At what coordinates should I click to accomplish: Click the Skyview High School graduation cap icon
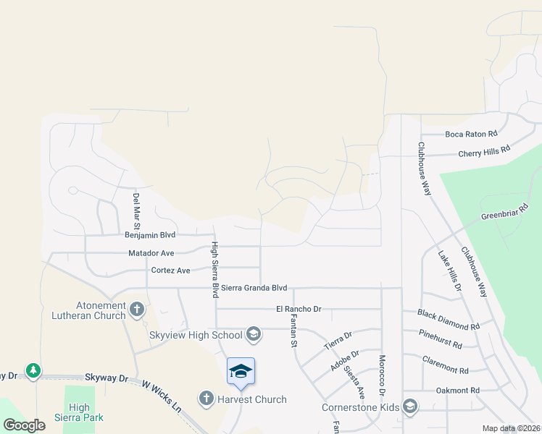pos(254,334)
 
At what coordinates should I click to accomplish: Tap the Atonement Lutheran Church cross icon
pos(136,310)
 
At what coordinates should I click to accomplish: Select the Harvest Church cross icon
pos(207,399)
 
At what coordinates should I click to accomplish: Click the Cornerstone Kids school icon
pos(410,407)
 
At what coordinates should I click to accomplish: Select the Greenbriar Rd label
pos(504,213)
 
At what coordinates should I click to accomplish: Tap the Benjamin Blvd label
pos(151,235)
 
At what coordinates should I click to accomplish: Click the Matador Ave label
pos(151,253)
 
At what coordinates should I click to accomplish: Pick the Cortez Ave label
pos(170,271)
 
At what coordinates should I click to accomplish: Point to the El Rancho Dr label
pos(298,309)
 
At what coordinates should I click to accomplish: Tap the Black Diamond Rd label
pos(449,320)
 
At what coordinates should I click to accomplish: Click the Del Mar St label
pos(135,207)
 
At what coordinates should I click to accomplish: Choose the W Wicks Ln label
pos(161,396)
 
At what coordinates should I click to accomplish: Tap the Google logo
pos(25,425)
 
